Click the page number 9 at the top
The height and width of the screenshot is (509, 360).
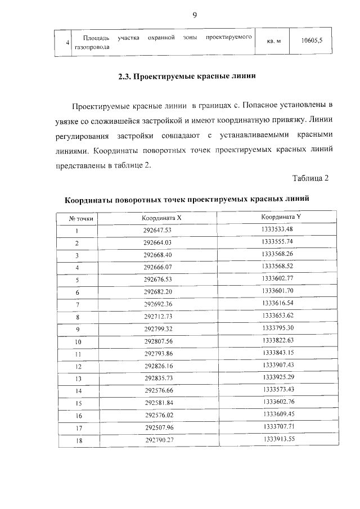click(194, 15)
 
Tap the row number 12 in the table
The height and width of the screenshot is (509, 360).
click(78, 367)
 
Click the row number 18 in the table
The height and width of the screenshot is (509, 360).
click(79, 440)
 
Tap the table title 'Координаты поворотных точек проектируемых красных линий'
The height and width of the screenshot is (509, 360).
click(187, 200)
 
